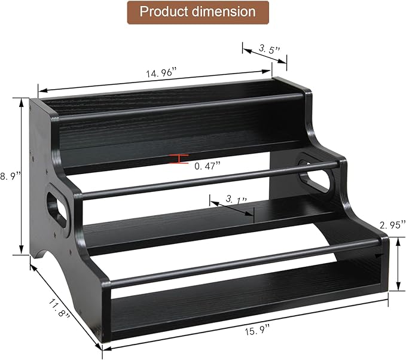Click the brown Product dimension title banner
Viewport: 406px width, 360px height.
197,12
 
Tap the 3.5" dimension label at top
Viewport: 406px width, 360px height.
266,49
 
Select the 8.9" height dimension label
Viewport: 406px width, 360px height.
10,175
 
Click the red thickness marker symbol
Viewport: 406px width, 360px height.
179,158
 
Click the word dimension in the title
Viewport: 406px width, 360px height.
227,12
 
